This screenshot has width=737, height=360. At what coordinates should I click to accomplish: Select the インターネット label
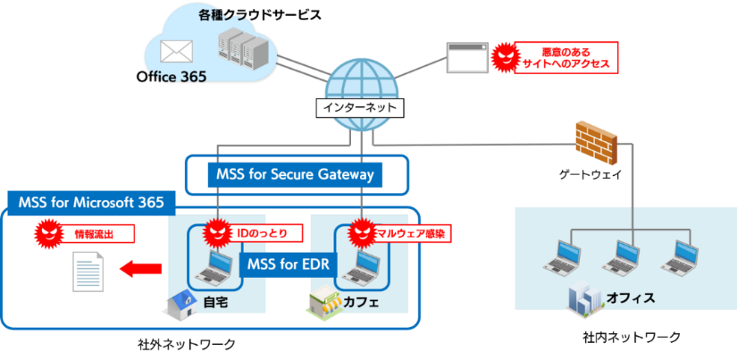tap(360, 108)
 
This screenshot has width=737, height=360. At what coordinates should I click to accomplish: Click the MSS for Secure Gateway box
tap(295, 174)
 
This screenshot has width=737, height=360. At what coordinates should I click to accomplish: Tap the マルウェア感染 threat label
tap(411, 233)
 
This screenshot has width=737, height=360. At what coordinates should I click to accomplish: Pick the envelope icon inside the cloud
tap(172, 50)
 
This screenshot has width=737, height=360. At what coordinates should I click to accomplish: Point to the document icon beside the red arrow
tap(88, 271)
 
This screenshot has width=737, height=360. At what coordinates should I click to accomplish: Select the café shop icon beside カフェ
tap(322, 304)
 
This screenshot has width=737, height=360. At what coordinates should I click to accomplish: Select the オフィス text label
tap(631, 297)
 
